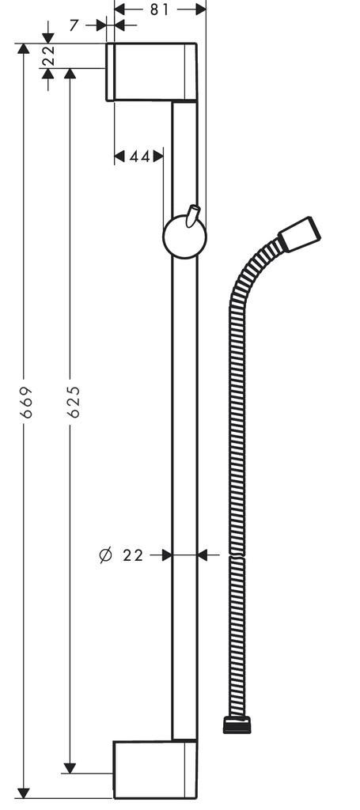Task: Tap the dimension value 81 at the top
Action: (x=159, y=9)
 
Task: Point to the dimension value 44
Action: (x=139, y=157)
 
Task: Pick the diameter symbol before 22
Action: (x=106, y=555)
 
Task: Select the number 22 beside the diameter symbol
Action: (x=134, y=555)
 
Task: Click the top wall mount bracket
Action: (x=151, y=72)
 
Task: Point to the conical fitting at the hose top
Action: (x=299, y=230)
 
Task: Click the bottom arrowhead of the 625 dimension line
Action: (x=70, y=767)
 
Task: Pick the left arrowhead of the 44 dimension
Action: (x=120, y=157)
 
